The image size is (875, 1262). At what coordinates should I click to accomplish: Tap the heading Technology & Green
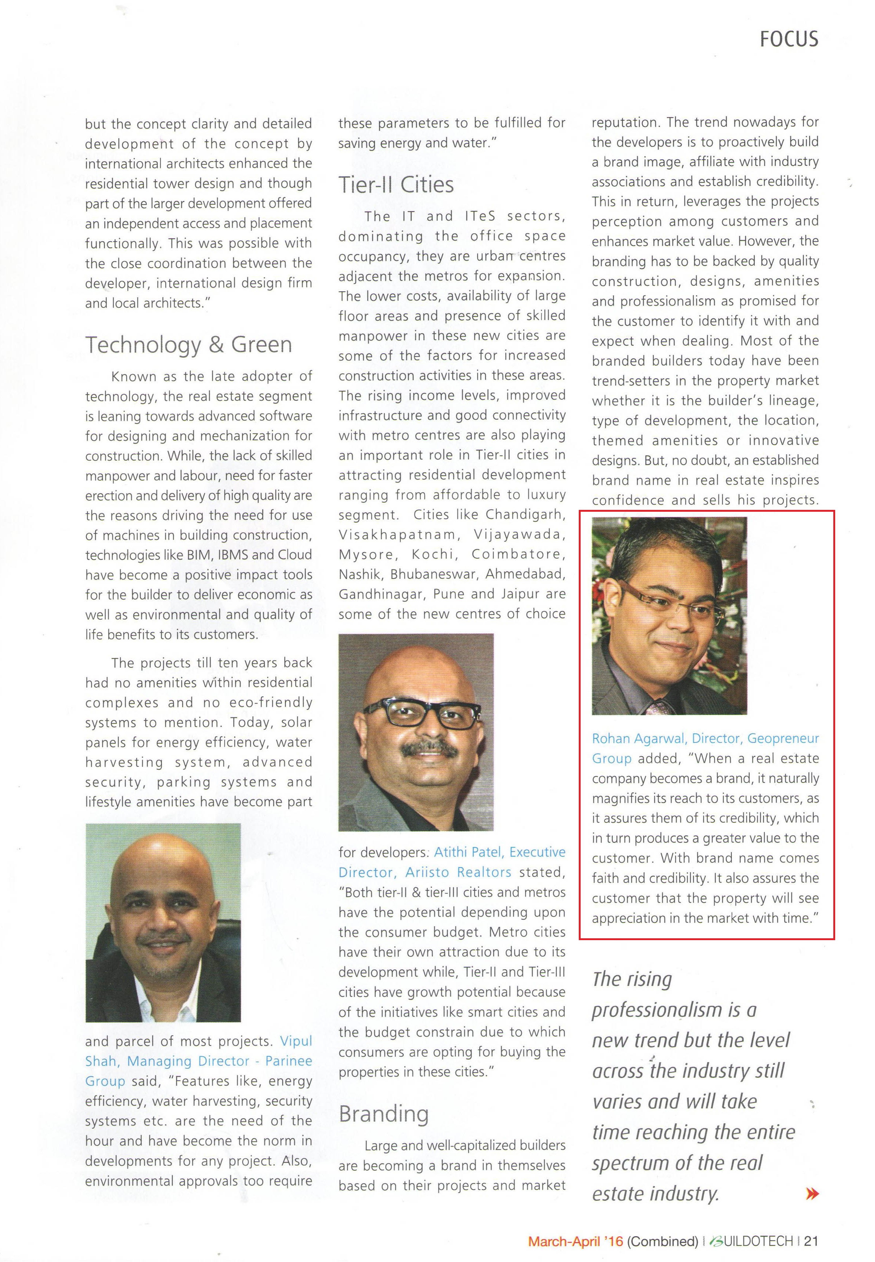(189, 345)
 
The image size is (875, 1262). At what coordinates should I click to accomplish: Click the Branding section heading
(384, 1113)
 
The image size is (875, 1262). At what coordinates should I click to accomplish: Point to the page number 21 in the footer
(811, 1241)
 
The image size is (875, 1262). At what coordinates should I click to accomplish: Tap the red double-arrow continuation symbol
(812, 1193)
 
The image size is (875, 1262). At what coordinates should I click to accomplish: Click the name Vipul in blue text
(296, 1041)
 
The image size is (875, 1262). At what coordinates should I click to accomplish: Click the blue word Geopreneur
(783, 738)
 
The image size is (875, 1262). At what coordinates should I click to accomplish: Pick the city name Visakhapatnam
(397, 534)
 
